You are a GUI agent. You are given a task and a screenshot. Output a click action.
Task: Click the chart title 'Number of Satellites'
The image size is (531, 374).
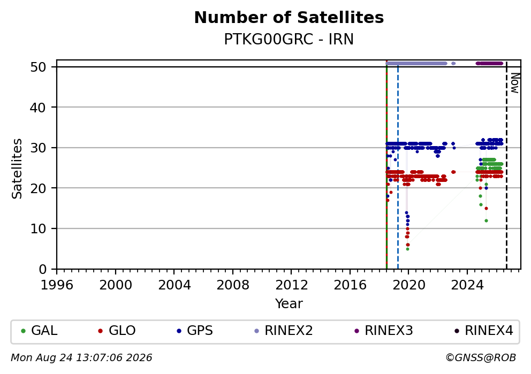coord(289,18)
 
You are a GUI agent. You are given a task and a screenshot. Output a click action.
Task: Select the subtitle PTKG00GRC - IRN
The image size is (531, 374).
coord(289,40)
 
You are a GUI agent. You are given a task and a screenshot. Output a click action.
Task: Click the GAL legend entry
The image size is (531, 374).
coord(39,331)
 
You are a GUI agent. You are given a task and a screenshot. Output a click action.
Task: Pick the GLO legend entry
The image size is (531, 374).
coord(117,331)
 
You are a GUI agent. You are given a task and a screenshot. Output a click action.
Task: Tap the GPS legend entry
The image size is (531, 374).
coord(195,331)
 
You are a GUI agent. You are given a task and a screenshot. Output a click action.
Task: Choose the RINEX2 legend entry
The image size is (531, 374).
coord(284,331)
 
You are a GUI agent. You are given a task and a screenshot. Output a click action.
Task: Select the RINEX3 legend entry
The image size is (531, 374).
coord(384,331)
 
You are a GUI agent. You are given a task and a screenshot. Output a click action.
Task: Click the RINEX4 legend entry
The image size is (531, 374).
coord(484,331)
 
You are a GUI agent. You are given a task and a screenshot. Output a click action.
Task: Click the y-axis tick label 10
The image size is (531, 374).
coord(38,229)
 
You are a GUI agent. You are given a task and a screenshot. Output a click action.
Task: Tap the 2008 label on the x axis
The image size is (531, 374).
coord(233,285)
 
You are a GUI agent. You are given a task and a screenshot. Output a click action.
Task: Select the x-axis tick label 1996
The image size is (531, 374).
coord(57,285)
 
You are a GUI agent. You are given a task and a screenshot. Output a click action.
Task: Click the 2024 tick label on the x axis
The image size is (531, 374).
coord(467,285)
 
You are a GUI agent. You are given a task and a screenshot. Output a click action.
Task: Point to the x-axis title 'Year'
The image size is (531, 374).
coord(289,303)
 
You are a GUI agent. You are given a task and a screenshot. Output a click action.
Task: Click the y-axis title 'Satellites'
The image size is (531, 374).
coord(17,169)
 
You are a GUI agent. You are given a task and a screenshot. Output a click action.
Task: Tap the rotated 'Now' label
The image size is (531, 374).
coord(515,83)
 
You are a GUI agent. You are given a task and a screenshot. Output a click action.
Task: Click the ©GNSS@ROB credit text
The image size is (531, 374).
coord(481,358)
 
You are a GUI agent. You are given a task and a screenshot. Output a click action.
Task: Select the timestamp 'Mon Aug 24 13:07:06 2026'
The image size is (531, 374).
coord(81,358)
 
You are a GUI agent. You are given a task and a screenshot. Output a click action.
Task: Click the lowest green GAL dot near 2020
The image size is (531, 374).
coord(407,249)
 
